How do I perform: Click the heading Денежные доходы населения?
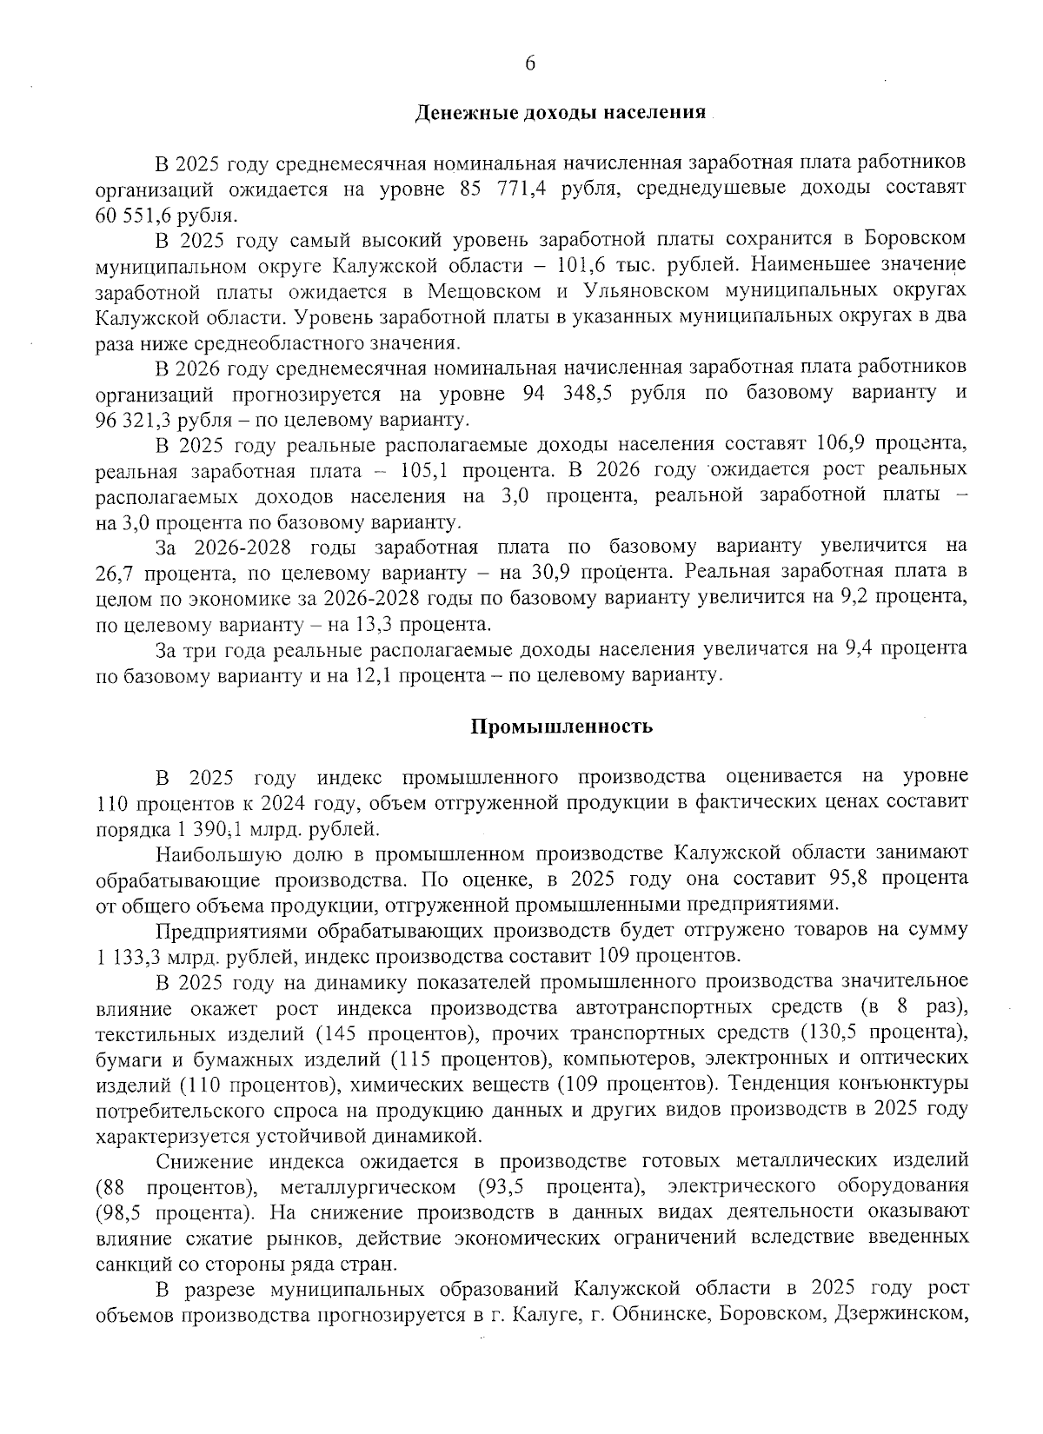[560, 113]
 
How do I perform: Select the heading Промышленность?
[561, 727]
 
